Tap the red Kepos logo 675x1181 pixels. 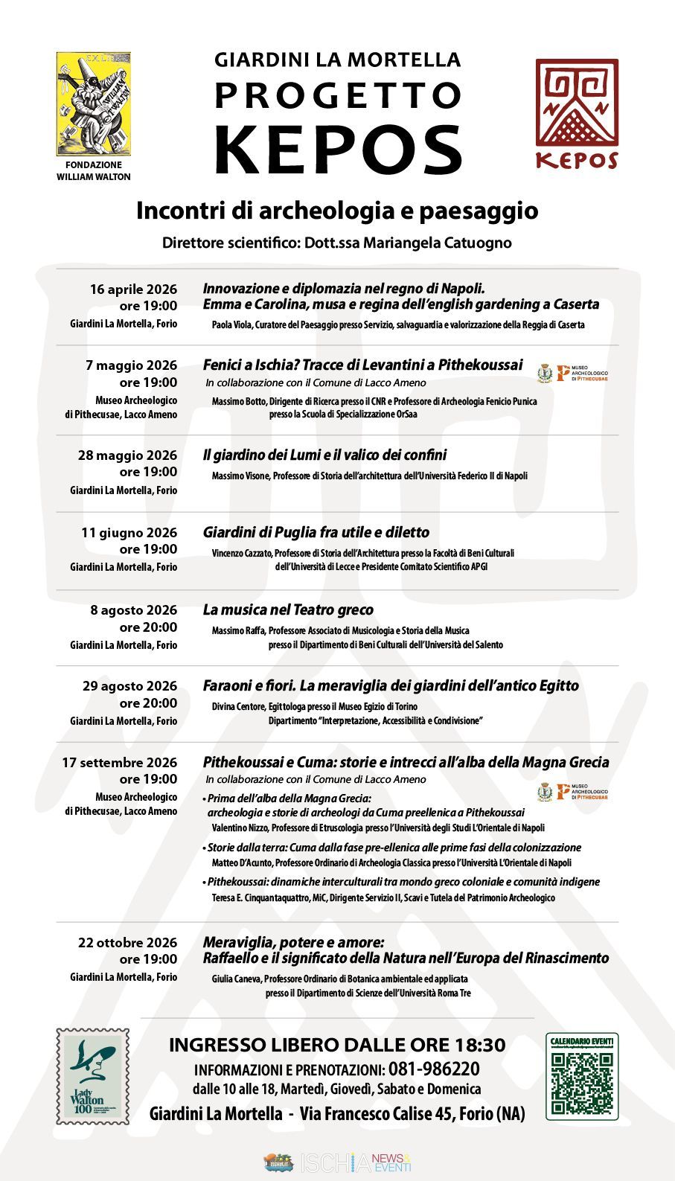click(x=577, y=113)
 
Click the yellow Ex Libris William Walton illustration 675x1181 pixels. click(x=94, y=103)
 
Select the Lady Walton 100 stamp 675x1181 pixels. click(x=93, y=1076)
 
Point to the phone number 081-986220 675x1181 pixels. click(x=434, y=1069)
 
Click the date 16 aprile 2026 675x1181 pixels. click(x=133, y=289)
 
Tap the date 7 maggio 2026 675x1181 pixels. click(x=131, y=365)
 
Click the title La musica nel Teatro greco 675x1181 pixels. click(x=288, y=610)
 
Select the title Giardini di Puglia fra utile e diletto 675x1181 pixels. click(x=316, y=533)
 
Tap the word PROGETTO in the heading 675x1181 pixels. click(x=339, y=95)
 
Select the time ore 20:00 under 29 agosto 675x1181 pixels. click(x=148, y=703)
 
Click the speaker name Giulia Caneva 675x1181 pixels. click(x=236, y=979)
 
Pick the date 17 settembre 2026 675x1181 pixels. click(x=119, y=763)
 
